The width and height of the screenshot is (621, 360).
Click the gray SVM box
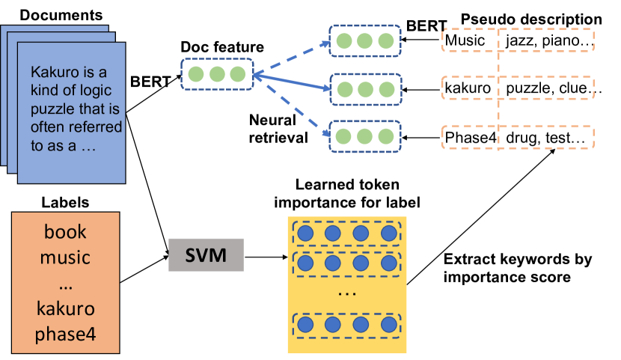tap(206, 255)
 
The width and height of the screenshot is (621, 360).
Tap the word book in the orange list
tap(65, 231)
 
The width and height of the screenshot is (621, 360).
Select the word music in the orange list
tap(65, 257)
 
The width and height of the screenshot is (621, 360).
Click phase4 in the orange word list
tap(65, 334)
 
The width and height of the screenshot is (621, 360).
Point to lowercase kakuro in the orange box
tap(65, 308)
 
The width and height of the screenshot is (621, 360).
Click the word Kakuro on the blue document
tap(54, 73)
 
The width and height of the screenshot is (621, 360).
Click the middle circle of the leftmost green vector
tap(217, 75)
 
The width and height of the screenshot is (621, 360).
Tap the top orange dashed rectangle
tap(518, 40)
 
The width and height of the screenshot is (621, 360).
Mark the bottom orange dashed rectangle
tap(518, 137)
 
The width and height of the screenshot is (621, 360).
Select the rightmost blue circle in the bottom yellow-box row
tap(388, 325)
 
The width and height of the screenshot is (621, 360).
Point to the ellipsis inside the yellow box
tap(346, 293)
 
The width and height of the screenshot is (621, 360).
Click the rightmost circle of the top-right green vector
tap(386, 40)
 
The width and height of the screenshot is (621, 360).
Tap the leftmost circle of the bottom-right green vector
tap(344, 136)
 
